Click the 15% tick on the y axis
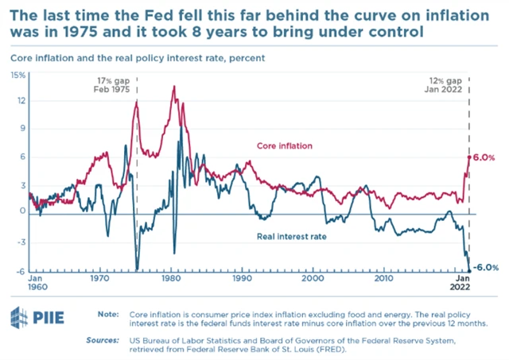(17, 75)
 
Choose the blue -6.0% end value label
(486, 268)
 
